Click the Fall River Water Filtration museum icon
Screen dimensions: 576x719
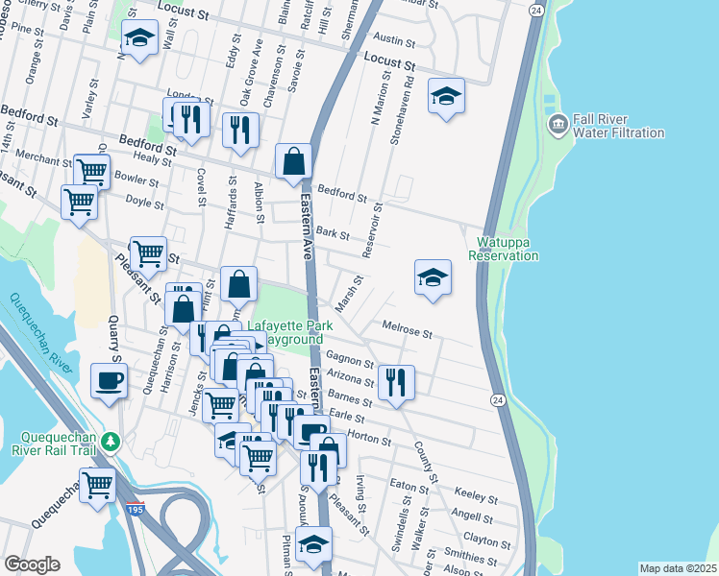557,126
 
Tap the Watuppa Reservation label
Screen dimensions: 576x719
503,250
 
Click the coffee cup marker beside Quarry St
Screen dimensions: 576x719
109,379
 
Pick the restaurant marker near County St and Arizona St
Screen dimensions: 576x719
396,382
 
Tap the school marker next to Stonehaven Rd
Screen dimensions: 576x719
445,95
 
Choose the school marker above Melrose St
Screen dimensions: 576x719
433,276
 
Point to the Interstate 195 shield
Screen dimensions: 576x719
135,510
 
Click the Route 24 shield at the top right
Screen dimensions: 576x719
536,10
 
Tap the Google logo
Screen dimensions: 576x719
32,564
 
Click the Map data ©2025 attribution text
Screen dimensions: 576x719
678,568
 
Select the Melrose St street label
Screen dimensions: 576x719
408,330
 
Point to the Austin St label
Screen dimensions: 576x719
393,41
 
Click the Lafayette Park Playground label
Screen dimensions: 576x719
290,333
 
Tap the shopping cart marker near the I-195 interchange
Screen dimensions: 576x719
98,484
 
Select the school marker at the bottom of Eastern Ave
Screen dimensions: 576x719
313,544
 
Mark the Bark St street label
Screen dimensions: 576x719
332,233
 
